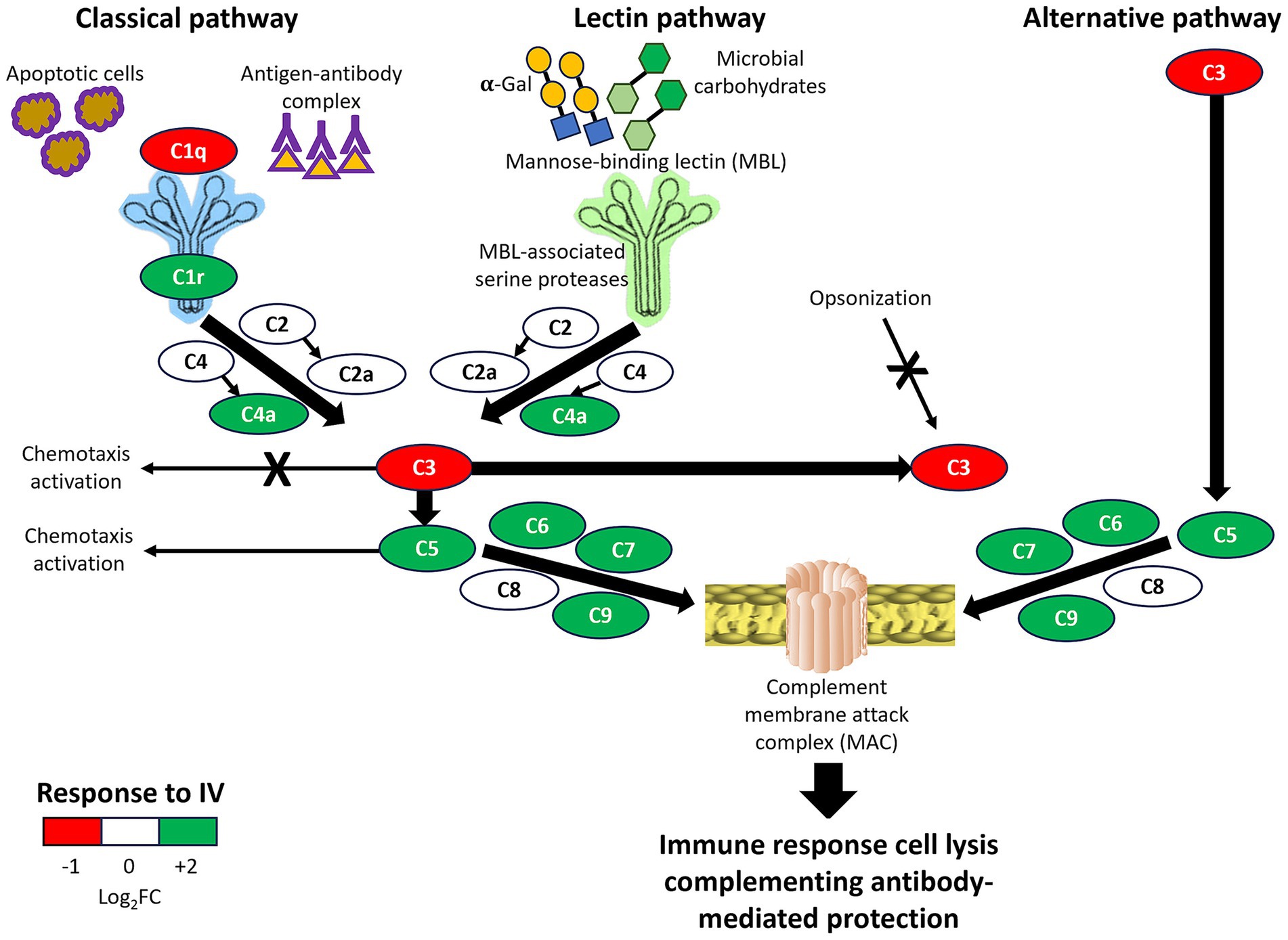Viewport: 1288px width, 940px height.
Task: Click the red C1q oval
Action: click(x=188, y=150)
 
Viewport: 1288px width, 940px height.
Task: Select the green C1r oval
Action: click(x=188, y=277)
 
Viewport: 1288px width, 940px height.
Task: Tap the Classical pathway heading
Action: click(x=186, y=19)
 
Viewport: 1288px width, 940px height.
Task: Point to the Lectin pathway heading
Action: click(x=669, y=19)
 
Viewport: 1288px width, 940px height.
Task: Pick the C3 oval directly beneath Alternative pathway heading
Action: click(x=1214, y=72)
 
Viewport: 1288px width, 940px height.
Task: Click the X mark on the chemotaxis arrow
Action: click(x=277, y=468)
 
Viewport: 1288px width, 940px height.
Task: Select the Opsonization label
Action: click(x=870, y=298)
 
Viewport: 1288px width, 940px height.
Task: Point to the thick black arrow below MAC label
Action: click(x=828, y=788)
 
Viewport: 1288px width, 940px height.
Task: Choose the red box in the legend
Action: click(x=72, y=831)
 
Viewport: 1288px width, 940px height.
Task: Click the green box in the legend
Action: click(x=188, y=831)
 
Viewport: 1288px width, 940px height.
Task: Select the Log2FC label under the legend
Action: click(x=129, y=897)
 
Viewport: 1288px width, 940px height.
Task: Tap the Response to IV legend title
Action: click(x=130, y=793)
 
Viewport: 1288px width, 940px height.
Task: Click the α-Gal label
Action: click(x=505, y=85)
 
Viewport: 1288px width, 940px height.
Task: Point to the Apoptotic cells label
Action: click(x=75, y=73)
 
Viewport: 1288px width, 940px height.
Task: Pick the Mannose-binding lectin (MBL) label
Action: click(x=646, y=162)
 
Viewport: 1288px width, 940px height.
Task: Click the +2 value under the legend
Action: click(x=186, y=866)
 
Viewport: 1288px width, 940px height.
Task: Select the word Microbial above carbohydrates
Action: click(x=760, y=59)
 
